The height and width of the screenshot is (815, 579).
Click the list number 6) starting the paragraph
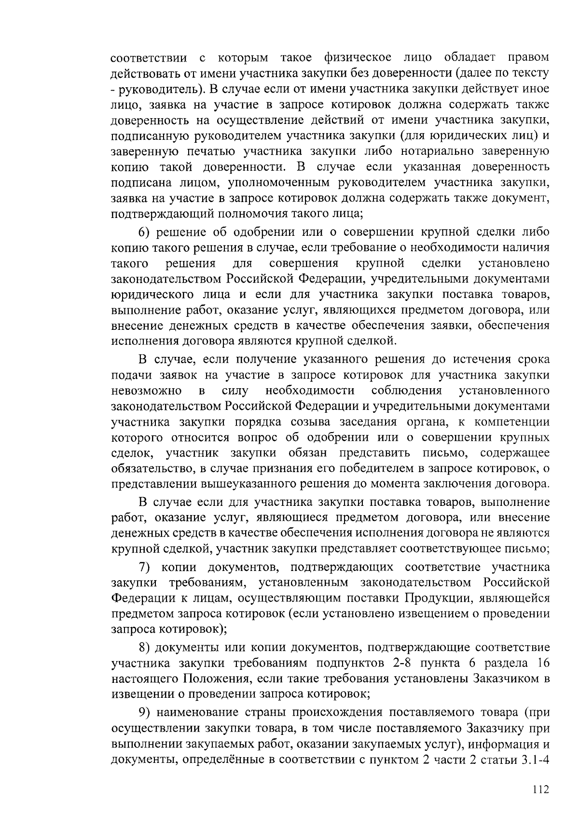point(146,232)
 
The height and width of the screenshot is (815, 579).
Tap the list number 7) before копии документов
point(146,567)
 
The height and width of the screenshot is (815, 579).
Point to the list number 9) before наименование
point(146,712)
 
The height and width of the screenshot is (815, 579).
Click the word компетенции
point(512,422)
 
